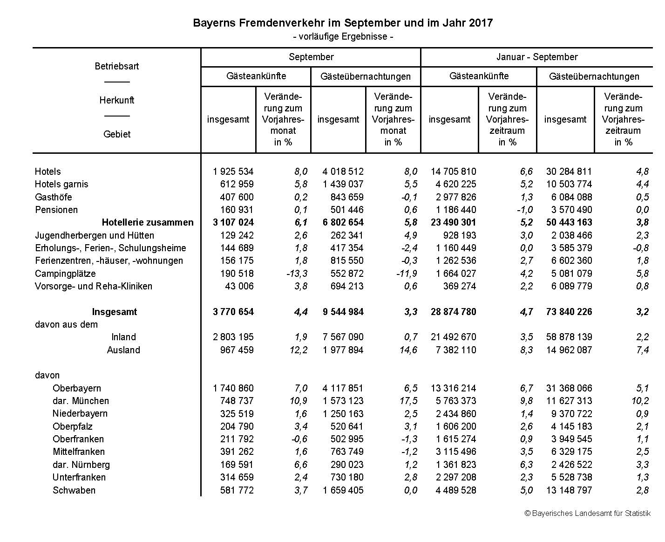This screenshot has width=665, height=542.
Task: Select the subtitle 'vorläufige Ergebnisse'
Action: pos(343,36)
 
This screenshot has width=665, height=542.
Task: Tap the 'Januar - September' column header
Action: pos(536,57)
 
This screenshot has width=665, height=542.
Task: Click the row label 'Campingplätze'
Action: pos(65,274)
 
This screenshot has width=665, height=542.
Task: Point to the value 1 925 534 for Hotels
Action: pos(233,172)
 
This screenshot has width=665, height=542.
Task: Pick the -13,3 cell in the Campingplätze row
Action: pos(297,274)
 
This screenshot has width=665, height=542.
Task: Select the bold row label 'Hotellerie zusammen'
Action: pos(147,222)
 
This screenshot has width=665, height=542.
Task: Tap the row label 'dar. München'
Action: pos(81,401)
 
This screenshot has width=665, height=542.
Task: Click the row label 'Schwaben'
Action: pos(74,490)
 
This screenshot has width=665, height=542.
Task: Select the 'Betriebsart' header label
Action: pos(117,66)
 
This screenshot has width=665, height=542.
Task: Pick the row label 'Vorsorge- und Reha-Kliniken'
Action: pos(94,286)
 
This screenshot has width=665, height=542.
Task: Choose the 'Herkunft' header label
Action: pos(117,100)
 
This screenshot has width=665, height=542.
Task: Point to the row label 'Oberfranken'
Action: pos(78,439)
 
